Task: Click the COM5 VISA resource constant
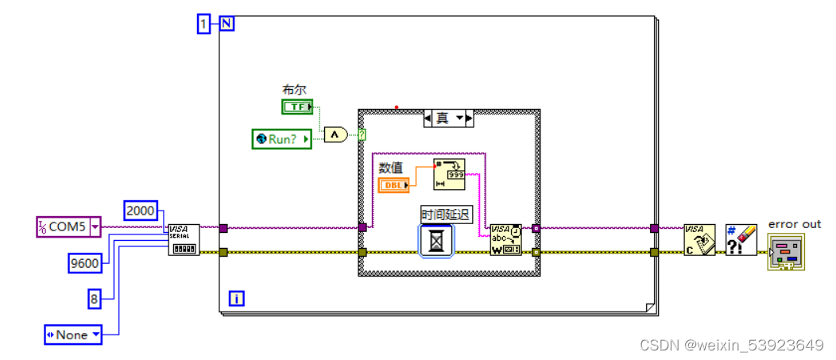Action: point(68,227)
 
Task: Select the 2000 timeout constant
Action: point(141,211)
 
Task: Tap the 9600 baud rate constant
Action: point(85,261)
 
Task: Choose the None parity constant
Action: point(72,335)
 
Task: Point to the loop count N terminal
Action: point(226,25)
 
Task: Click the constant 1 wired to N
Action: point(204,25)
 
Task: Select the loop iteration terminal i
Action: point(236,298)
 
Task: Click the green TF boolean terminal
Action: point(297,107)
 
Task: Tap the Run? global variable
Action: point(281,139)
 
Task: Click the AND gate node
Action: point(335,136)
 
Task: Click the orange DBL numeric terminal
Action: point(394,185)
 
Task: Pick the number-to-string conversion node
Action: point(449,174)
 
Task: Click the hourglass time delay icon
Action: point(436,241)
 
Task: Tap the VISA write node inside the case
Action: point(505,239)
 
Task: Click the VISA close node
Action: point(700,239)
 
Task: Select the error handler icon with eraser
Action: point(741,239)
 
